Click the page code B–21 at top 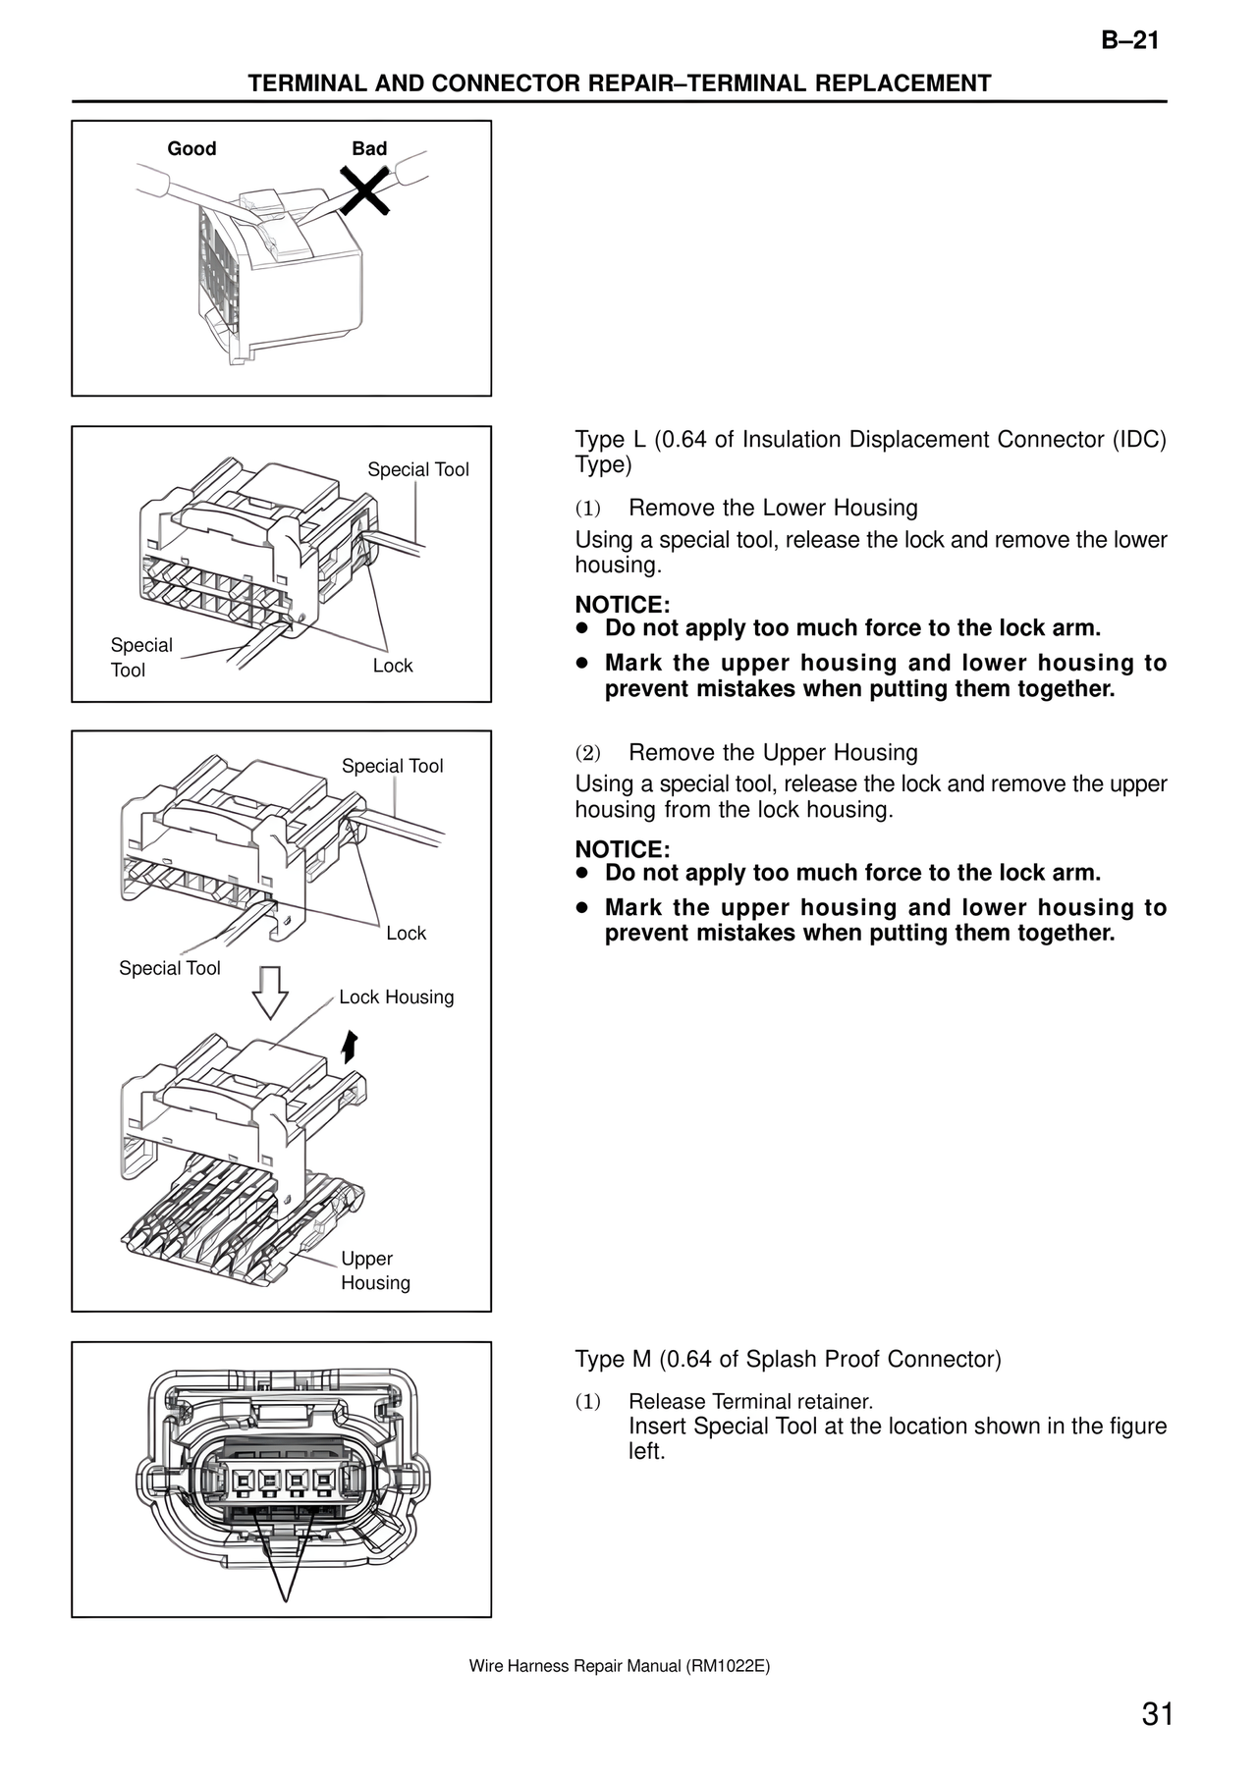[1129, 40]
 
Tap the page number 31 [1158, 1715]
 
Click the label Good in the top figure [191, 148]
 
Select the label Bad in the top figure [369, 148]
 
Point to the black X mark [364, 189]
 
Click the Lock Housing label [396, 997]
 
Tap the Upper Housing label [374, 1270]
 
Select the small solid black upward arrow [348, 1047]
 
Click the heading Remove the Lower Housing [773, 508]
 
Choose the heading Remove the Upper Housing [773, 753]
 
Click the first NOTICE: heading [623, 605]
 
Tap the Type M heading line [788, 1359]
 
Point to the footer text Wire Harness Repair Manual [619, 1666]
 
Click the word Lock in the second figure [393, 666]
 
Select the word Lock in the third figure [406, 934]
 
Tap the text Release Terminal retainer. [750, 1402]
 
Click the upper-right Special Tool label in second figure [418, 470]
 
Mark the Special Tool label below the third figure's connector [170, 969]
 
